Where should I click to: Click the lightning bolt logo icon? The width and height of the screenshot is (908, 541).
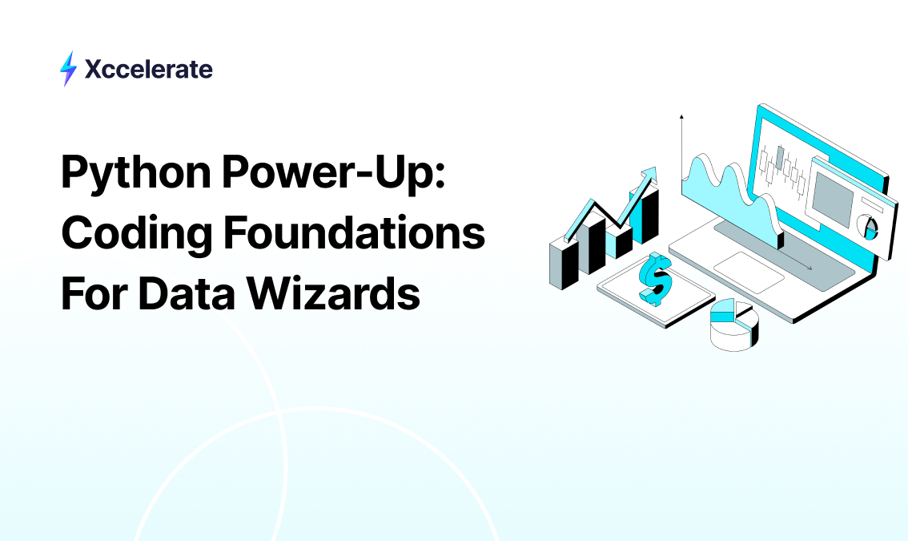[68, 68]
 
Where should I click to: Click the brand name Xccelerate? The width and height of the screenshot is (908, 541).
[149, 69]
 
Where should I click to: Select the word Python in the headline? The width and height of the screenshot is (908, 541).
[136, 173]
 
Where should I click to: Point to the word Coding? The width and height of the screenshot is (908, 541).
[136, 234]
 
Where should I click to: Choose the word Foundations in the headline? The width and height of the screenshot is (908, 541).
[355, 232]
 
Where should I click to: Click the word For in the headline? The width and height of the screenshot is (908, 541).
[94, 293]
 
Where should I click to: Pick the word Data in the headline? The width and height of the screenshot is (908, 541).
[187, 293]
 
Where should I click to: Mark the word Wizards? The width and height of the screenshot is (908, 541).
[334, 293]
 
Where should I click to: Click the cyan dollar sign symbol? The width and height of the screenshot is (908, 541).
[656, 279]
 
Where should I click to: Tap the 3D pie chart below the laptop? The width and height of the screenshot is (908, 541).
[734, 325]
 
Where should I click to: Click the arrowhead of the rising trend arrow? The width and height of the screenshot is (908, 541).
[649, 175]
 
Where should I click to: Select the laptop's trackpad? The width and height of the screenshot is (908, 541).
[749, 273]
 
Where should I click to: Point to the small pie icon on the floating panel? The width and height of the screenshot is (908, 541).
[867, 227]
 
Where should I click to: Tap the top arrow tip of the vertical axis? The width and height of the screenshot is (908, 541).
[681, 116]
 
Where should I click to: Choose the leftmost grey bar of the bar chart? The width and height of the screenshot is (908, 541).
[564, 264]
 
